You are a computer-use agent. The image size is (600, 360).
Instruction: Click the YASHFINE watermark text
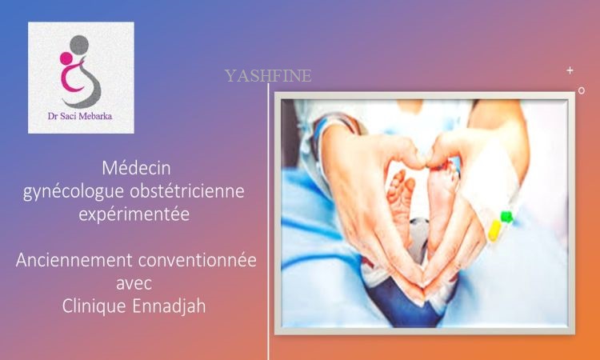268,76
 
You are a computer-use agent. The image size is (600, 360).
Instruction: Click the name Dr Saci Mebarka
80,116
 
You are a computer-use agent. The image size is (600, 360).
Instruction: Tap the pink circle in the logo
66,58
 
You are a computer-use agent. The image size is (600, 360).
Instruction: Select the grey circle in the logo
79,45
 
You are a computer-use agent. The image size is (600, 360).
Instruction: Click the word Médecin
136,168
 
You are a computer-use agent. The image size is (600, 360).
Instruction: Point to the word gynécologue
74,192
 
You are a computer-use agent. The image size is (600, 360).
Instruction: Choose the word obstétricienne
187,190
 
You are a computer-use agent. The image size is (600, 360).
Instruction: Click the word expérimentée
134,214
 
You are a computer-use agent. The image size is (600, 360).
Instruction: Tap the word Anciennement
74,260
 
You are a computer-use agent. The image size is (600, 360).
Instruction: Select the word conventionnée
197,260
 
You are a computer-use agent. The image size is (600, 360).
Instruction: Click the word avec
134,284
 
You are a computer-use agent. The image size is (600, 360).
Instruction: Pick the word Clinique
94,306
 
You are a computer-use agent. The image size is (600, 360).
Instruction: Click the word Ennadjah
169,306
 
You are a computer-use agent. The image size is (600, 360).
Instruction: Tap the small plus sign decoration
570,70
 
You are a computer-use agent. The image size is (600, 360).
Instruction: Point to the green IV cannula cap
506,217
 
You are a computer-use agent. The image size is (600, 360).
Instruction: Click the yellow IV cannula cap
494,230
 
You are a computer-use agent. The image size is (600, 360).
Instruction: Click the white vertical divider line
268,222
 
